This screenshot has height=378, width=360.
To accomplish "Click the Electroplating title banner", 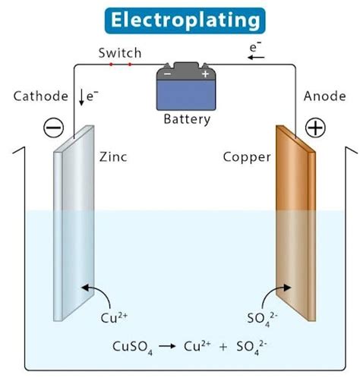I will click(179, 20).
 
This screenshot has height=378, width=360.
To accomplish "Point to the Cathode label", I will click(37, 96).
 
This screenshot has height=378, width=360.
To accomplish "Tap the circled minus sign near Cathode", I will click(54, 128).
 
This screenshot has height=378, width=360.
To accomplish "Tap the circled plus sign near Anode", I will click(314, 128).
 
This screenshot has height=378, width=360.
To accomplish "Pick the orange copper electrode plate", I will click(295, 228).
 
